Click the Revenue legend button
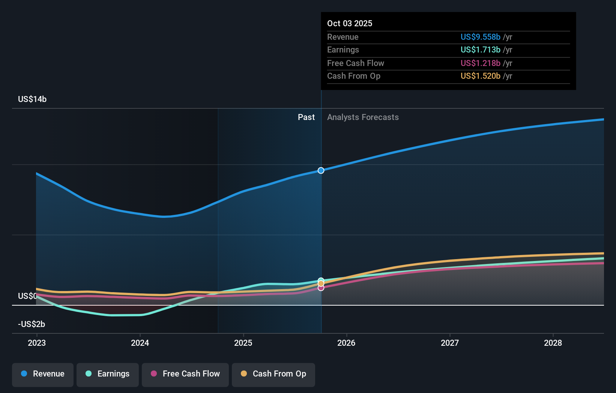pos(43,374)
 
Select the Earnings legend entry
pos(108,374)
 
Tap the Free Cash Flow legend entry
pos(185,374)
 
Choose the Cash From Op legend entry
pos(273,374)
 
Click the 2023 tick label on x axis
pos(37,343)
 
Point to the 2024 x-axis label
pos(140,343)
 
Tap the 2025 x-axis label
pos(243,343)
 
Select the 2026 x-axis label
pos(346,343)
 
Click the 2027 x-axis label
pos(449,343)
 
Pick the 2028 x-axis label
pos(553,343)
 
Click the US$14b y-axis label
pos(32,99)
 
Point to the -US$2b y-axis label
pos(32,324)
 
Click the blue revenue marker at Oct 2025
pos(321,170)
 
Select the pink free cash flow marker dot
pos(321,288)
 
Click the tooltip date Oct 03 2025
pos(350,23)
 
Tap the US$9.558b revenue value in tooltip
pos(480,37)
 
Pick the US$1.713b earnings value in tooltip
pos(480,49)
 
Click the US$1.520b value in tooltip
pos(480,76)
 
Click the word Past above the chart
pos(306,117)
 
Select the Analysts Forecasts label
pos(363,117)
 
